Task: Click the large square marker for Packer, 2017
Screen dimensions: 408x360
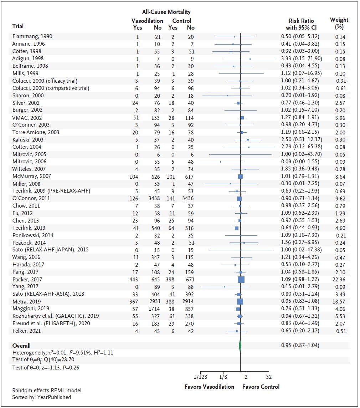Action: pyautogui.click(x=241, y=280)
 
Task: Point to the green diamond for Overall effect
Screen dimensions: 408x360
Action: pyautogui.click(x=240, y=346)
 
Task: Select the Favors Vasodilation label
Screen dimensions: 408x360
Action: pyautogui.click(x=209, y=387)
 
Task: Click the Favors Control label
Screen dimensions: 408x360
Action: pyautogui.click(x=261, y=387)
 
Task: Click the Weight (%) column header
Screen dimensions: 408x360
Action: pyautogui.click(x=339, y=23)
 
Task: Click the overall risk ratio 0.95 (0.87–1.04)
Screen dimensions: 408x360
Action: pyautogui.click(x=300, y=345)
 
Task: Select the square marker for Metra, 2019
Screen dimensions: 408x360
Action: pyautogui.click(x=240, y=301)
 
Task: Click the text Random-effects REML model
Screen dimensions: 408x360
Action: pyautogui.click(x=44, y=390)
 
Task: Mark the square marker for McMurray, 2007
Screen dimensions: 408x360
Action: pyautogui.click(x=240, y=177)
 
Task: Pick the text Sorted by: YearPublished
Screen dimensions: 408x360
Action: pyautogui.click(x=42, y=397)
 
